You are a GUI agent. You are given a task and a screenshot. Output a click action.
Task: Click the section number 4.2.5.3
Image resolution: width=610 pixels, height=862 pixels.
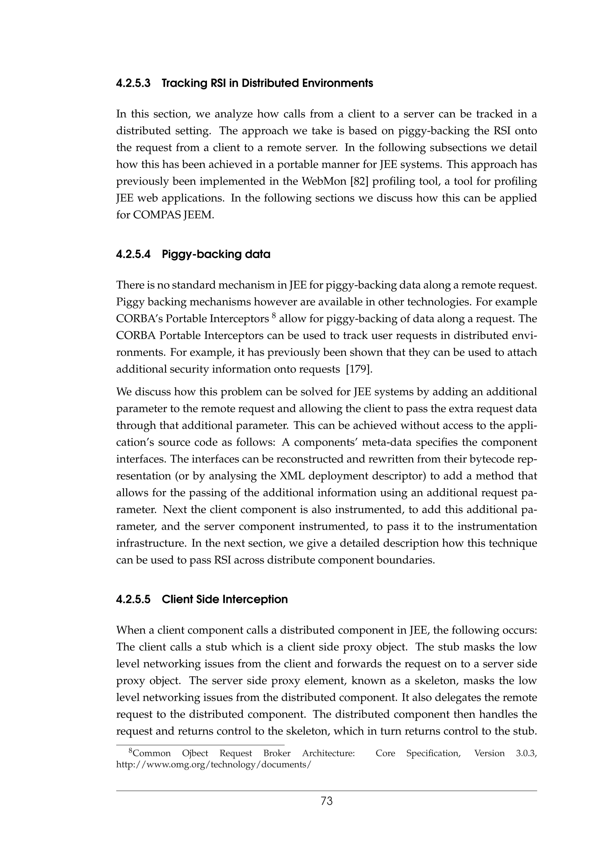(133, 83)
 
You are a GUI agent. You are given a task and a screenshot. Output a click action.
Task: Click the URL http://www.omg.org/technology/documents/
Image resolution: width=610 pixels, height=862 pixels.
(214, 765)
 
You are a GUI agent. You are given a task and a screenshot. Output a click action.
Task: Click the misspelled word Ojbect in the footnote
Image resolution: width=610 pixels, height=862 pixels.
(195, 753)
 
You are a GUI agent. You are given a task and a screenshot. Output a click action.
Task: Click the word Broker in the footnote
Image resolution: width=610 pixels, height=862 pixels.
(277, 753)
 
